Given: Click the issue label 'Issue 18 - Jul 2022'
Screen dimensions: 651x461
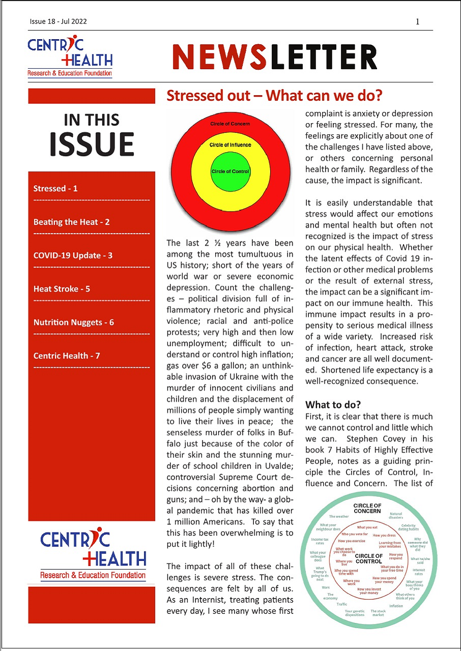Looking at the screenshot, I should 57,21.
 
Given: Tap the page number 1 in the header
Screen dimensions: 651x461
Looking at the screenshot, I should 417,21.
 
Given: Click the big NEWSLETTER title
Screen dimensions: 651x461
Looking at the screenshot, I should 275,56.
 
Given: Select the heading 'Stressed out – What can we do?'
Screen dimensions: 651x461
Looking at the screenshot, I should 274,96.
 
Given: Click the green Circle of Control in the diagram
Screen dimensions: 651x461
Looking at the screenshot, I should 230,171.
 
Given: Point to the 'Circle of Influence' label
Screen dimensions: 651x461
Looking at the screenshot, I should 230,145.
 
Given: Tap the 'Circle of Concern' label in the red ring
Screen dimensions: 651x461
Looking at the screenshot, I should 230,124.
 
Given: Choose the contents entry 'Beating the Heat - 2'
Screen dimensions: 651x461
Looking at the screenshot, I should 71,222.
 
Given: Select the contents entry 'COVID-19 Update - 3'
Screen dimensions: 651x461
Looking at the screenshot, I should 73,255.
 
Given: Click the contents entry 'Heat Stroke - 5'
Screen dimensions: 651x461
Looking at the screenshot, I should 62,289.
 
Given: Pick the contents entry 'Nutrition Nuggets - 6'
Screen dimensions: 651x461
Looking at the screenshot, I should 73,322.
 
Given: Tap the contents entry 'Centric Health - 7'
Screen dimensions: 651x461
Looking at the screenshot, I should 66,356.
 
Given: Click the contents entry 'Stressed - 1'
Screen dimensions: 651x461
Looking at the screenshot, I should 55,189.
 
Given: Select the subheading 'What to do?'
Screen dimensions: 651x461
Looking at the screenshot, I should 333,405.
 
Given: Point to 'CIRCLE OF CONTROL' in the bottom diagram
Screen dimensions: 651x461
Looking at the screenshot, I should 368,559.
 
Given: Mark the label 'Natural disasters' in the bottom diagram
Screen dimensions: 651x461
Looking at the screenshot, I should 396,516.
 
